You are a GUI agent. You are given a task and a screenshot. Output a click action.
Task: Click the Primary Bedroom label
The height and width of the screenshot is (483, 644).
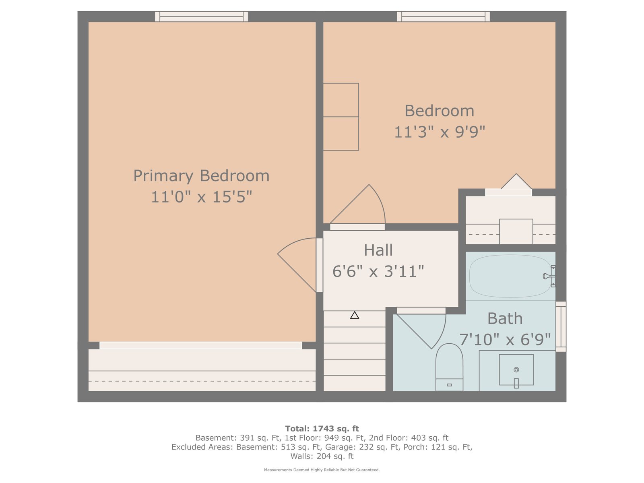[201, 175]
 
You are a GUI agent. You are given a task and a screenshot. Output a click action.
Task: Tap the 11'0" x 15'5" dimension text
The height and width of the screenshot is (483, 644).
[201, 196]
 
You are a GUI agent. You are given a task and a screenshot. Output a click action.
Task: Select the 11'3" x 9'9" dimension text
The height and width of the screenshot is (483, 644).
[439, 132]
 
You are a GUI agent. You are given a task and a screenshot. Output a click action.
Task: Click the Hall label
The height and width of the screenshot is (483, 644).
[378, 250]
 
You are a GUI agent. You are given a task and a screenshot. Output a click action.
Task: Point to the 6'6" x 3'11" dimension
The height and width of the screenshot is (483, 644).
[378, 271]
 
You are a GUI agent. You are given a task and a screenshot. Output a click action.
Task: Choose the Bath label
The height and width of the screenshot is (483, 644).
[505, 318]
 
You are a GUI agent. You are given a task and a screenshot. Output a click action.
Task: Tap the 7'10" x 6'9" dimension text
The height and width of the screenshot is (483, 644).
[505, 339]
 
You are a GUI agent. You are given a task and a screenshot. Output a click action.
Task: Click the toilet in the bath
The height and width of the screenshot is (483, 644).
[449, 367]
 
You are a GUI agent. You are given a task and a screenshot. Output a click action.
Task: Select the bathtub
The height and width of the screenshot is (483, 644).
[510, 276]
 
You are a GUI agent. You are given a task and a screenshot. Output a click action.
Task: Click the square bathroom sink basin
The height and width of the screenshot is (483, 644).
[516, 369]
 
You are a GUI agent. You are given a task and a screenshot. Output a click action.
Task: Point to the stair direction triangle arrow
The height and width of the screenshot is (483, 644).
[355, 315]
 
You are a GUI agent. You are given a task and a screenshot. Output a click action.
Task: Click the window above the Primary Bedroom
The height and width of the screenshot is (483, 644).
[201, 17]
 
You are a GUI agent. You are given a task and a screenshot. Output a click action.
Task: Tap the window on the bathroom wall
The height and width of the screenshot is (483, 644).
[561, 326]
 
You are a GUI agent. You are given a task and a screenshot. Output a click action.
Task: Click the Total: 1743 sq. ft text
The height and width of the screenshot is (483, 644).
[322, 429]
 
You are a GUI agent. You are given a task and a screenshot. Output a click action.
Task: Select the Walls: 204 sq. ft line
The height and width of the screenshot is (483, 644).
[322, 456]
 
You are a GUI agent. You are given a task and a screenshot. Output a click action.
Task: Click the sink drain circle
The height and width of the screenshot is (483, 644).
[516, 369]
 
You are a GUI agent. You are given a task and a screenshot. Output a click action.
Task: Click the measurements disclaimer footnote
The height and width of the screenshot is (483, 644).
[322, 470]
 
